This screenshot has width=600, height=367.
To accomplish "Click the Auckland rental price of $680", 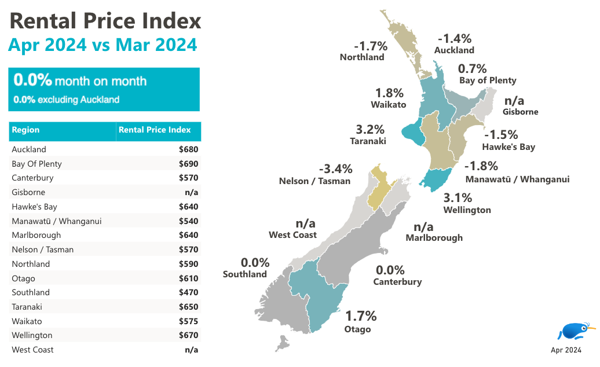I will [x=189, y=149].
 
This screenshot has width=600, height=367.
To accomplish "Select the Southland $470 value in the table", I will [x=189, y=292].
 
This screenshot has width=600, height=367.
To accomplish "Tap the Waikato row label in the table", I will [x=27, y=321].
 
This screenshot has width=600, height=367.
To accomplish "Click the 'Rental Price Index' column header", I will [x=159, y=130].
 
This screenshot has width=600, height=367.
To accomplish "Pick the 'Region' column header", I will [x=25, y=130].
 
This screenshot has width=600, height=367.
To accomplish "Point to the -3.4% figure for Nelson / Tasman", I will [x=335, y=169].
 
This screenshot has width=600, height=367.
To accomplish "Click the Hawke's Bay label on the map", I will [x=508, y=147].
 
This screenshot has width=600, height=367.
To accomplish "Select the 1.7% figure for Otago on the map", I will [x=361, y=316].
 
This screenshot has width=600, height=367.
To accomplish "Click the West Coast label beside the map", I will [x=292, y=235].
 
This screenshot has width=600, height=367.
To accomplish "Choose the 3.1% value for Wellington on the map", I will [x=458, y=198].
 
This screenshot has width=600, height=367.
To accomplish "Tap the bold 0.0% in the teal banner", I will [x=32, y=80].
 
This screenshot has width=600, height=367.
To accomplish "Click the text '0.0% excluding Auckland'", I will [x=66, y=100].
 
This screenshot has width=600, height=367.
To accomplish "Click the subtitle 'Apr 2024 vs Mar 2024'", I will [x=103, y=45].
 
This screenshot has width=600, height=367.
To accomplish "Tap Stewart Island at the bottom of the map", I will [x=282, y=345].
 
